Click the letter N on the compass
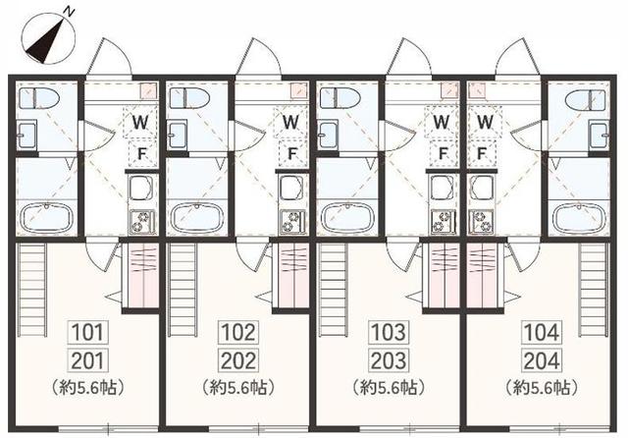click(70, 13)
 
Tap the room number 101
click(87, 332)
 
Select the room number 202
click(237, 360)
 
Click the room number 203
click(389, 360)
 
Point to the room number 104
click(541, 332)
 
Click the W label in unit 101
click(140, 122)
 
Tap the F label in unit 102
click(292, 153)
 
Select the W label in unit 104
click(485, 122)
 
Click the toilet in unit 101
click(38, 98)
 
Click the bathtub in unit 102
click(198, 218)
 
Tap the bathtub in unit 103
click(348, 218)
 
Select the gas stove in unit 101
click(141, 222)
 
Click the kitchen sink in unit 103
click(443, 188)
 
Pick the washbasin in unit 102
click(178, 135)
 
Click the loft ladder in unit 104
click(593, 290)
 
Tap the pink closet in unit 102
click(294, 275)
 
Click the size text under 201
click(87, 388)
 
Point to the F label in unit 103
click(443, 153)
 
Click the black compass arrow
click(45, 42)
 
